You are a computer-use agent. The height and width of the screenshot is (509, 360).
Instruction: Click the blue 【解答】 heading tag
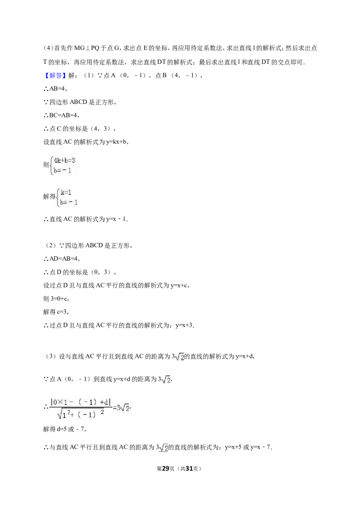54,76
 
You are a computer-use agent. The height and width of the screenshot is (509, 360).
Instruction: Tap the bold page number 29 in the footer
166,469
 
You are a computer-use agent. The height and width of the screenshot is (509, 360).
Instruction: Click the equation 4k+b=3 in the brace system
65,161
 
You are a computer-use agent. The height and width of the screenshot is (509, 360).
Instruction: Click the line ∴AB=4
55,89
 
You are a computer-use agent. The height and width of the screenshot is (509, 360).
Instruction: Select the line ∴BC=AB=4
61,115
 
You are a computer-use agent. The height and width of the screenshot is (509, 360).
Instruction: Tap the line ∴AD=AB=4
61,259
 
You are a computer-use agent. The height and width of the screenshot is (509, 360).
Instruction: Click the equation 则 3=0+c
56,299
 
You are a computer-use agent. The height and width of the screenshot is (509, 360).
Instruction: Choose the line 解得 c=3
56,312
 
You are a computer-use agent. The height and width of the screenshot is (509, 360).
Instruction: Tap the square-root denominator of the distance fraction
81,414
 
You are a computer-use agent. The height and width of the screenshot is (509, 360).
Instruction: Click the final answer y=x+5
233,447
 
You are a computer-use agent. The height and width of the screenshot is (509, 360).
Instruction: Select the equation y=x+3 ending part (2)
184,325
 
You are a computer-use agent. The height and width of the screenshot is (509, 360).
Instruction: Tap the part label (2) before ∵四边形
51,246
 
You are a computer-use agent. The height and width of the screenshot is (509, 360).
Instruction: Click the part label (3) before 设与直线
51,357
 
